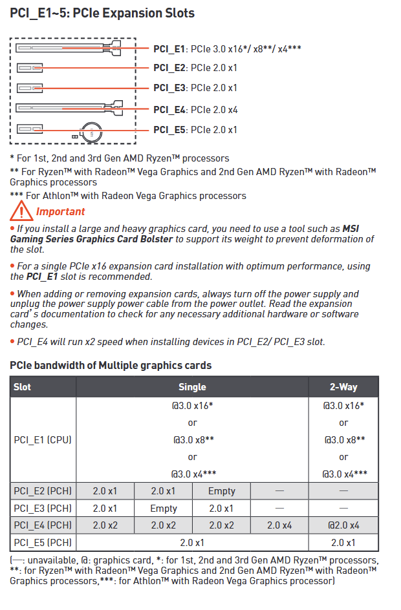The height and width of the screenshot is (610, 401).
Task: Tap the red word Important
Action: coord(60,211)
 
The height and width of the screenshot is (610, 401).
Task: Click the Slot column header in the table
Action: coord(23,387)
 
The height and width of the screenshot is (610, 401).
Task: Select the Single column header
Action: coord(192,387)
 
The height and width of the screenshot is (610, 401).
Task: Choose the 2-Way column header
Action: coord(343,387)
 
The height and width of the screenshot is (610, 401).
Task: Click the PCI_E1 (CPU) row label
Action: coord(43,440)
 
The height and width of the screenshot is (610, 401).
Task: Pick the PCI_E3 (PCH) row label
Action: coord(43,509)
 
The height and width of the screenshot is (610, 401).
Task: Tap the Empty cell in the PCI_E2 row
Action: coord(222,492)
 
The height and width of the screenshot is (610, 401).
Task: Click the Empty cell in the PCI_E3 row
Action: coord(164,509)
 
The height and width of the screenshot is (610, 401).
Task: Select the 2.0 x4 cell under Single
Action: coord(279,525)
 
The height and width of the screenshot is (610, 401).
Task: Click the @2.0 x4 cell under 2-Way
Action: coord(343,525)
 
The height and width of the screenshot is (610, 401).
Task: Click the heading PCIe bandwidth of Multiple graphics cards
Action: coord(111,366)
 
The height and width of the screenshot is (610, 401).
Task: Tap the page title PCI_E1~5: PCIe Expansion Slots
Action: coord(102,13)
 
